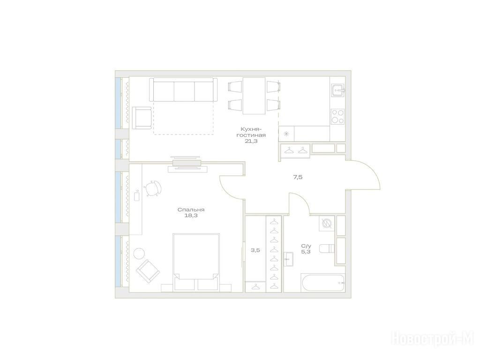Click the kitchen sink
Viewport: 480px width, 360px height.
tap(337, 90)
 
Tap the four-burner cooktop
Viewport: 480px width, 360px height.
tap(337, 116)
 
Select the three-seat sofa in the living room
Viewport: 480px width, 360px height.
tap(183, 90)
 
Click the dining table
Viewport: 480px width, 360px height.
tap(254, 96)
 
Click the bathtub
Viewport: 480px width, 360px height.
tap(323, 283)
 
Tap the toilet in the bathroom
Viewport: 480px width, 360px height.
tap(327, 248)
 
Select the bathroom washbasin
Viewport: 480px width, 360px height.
tap(288, 259)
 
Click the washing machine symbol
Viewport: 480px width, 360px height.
tap(326, 224)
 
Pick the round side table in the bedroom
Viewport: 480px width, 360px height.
tap(139, 253)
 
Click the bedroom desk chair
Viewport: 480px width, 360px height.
tap(153, 188)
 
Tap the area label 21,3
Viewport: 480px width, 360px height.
tap(251, 141)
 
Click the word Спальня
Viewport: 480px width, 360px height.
tap(191, 210)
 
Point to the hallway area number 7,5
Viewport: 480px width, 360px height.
tap(298, 177)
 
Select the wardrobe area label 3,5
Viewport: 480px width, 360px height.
tap(255, 250)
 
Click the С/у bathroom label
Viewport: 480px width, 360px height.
tap(306, 246)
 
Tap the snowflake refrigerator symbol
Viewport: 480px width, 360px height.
tap(286, 134)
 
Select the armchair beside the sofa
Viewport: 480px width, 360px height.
tap(142, 118)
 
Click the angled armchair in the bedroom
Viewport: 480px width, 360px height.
tap(148, 271)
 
